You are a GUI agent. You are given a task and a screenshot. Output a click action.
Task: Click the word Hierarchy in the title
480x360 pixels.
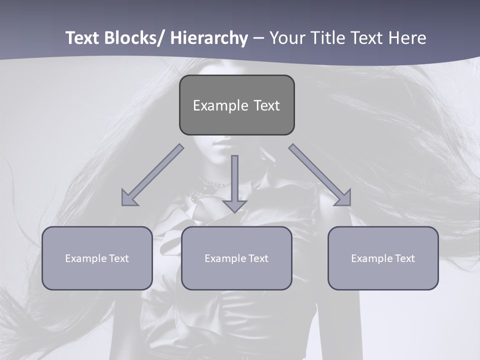pyautogui.click(x=209, y=38)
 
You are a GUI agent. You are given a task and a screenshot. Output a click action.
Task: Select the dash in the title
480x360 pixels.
pyautogui.click(x=258, y=39)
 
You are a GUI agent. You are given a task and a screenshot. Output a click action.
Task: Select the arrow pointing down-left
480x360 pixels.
pyautogui.click(x=152, y=175)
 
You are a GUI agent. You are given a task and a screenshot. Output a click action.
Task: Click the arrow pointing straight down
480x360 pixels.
pyautogui.click(x=234, y=182)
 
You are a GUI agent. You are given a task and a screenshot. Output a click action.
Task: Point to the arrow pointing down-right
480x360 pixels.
pyautogui.click(x=320, y=175)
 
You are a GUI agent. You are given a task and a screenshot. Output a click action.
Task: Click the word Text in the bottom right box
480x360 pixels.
pyautogui.click(x=405, y=258)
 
